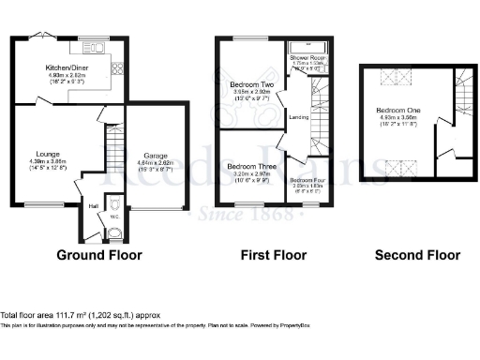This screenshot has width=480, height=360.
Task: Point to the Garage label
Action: pyautogui.click(x=156, y=156)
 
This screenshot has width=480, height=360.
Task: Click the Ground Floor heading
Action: pyautogui.click(x=99, y=254)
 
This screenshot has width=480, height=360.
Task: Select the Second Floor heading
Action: pyautogui.click(x=417, y=254)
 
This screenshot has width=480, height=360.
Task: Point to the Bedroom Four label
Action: pyautogui.click(x=305, y=180)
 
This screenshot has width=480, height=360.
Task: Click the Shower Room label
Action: pyautogui.click(x=306, y=58)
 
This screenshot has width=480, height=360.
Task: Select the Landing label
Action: pyautogui.click(x=298, y=116)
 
